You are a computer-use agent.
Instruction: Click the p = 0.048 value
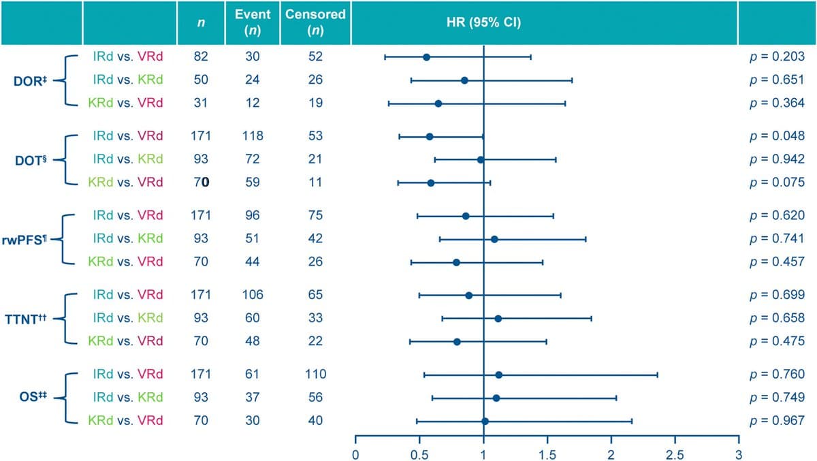click(x=777, y=136)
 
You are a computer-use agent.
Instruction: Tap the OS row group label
click(x=31, y=398)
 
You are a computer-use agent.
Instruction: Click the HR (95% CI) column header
click(x=483, y=21)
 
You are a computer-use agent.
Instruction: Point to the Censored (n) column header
click(x=315, y=22)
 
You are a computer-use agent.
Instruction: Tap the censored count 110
click(x=315, y=374)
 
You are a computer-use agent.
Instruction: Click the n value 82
click(x=200, y=57)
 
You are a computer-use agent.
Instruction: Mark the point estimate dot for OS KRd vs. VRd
click(x=485, y=422)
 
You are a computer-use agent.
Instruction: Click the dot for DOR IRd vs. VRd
click(x=427, y=57)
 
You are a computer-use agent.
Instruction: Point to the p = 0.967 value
click(x=777, y=421)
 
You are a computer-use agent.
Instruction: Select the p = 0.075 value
click(x=777, y=182)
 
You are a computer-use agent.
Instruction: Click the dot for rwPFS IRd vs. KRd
click(x=494, y=239)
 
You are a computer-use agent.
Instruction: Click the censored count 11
click(x=315, y=182)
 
